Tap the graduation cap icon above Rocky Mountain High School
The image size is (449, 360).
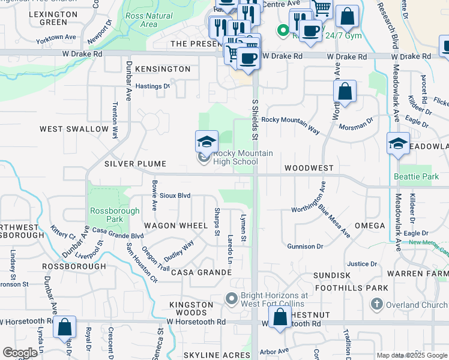click(206, 142)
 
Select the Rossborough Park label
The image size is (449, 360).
click(115, 215)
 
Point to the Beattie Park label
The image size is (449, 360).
click(417, 176)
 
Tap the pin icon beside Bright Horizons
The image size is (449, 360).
click(232, 298)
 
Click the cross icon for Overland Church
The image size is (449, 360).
click(376, 304)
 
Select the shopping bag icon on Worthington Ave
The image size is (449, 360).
click(345, 92)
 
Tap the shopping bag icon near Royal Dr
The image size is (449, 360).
click(65, 327)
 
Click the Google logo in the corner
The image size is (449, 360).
click(20, 353)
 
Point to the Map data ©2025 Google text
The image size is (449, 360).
click(411, 355)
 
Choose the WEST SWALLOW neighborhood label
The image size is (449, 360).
click(74, 129)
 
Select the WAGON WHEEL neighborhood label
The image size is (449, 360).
click(176, 226)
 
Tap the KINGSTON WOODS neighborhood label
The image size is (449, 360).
click(191, 309)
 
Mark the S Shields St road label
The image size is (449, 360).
click(255, 120)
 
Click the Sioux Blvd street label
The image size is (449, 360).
click(175, 196)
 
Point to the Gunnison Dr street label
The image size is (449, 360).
click(305, 246)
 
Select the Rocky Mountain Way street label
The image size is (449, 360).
click(291, 123)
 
